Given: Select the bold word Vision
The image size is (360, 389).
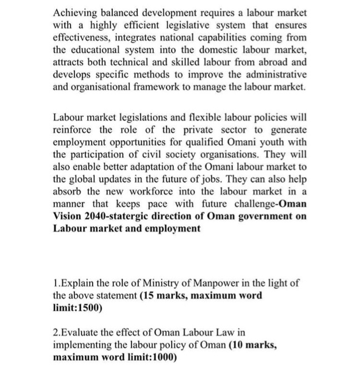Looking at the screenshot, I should pyautogui.click(x=69, y=216).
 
